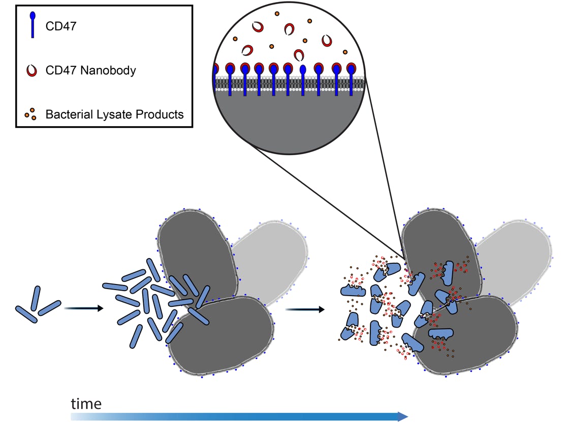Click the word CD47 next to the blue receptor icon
point(61,26)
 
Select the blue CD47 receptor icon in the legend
point(33,25)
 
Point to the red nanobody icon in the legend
point(32,70)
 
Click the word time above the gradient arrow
point(86,404)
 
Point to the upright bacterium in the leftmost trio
point(36,298)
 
